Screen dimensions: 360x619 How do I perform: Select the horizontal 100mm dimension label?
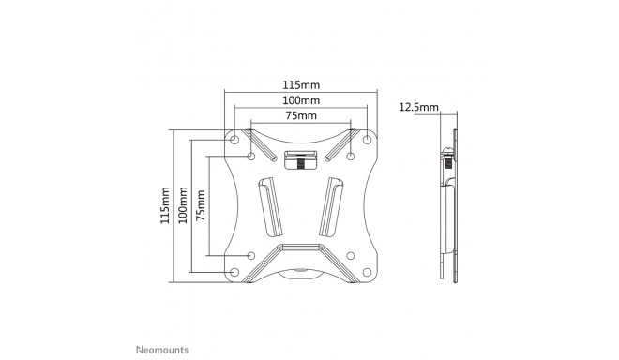pos(300,99)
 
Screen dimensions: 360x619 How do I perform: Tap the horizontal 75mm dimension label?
pos(300,114)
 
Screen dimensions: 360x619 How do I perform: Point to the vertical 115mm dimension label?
pos(166,203)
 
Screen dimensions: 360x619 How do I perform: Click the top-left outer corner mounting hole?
pos(234,139)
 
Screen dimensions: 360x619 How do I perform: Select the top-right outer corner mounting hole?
pos(366,139)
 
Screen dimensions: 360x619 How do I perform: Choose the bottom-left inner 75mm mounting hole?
pos(251,254)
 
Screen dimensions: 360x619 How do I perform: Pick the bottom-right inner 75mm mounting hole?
pos(350,254)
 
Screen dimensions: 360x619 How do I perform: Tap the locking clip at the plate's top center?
pos(300,159)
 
